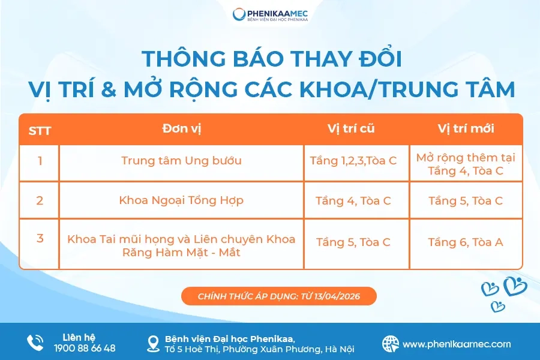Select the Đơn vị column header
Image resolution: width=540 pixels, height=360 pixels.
[x=181, y=129]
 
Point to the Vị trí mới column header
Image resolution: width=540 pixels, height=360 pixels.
[x=466, y=129]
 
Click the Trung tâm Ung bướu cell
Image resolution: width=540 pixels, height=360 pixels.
[x=181, y=161]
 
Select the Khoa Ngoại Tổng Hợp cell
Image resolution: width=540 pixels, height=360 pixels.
[x=181, y=200]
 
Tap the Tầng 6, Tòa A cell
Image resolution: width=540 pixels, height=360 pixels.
[x=466, y=242]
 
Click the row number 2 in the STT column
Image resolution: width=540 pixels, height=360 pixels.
[x=40, y=200]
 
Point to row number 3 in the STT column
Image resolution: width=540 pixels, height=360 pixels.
[x=40, y=239]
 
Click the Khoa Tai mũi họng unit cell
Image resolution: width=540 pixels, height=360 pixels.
[x=181, y=245]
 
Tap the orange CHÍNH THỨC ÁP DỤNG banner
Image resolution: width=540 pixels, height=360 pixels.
[x=278, y=296]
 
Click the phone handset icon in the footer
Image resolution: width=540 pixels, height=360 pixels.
[x=35, y=343]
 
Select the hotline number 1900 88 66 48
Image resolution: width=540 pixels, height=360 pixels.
[x=85, y=348]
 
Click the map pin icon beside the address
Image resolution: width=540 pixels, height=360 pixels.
[x=154, y=343]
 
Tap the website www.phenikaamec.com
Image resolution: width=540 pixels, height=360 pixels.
[x=457, y=344]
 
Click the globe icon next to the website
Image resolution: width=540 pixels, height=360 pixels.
[x=391, y=343]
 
